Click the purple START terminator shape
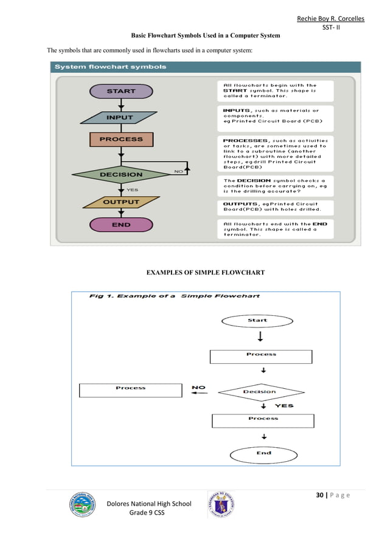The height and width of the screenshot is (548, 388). pos(121,91)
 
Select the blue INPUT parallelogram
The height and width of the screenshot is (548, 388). pos(120,117)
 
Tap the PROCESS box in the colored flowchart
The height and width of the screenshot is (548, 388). pos(121,139)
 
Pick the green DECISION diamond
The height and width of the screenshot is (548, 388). pos(121,174)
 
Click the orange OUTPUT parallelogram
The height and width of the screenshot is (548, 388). pos(120,202)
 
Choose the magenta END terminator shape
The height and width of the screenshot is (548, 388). pos(121,224)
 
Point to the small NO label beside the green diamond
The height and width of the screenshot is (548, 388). pos(178,171)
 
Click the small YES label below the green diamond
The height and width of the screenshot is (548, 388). pos(132,190)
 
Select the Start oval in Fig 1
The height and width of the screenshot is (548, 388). pos(257,320)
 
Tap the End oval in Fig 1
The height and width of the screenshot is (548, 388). pos(263,453)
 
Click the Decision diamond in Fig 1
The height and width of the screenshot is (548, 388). pos(260,392)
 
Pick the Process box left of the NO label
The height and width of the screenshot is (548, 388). pos(131,389)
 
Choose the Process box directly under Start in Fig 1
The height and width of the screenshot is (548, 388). pos(261,355)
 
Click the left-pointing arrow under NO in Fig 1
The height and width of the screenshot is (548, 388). pos(199,393)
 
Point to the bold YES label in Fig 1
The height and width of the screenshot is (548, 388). pos(283,405)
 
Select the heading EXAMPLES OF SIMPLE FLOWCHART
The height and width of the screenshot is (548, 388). pos(204,273)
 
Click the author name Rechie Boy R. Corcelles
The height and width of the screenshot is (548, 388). pos(330,19)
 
